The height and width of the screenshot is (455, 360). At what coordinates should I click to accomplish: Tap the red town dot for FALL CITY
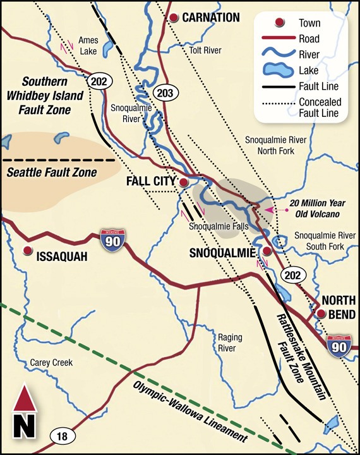[183, 182]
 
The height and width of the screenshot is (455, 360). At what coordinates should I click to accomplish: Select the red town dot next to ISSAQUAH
[27, 251]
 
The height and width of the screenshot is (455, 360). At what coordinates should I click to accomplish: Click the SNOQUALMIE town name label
[222, 253]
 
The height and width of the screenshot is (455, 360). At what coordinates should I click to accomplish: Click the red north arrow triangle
[25, 399]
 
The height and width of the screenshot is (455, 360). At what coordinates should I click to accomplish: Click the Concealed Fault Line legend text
[320, 107]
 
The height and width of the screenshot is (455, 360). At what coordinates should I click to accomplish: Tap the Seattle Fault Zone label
[51, 172]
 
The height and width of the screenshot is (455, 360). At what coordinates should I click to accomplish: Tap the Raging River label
[226, 343]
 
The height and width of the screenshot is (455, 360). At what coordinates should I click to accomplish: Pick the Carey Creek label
[52, 363]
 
